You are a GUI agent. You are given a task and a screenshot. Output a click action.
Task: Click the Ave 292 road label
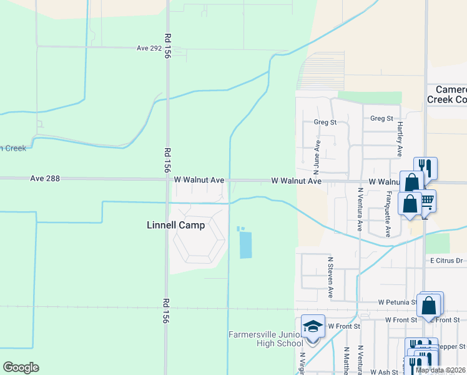point(150,47)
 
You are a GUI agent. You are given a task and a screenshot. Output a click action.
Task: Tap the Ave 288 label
point(45,179)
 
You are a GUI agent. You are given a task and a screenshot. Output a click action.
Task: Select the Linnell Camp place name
point(175,225)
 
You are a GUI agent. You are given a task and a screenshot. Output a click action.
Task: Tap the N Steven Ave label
point(330,277)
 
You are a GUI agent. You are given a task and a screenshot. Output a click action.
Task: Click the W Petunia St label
point(398,302)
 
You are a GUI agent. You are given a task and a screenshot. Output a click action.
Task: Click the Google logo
point(21,367)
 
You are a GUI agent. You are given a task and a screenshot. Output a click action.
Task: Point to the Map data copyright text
point(441,370)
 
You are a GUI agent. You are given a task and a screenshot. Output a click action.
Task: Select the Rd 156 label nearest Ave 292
point(167,46)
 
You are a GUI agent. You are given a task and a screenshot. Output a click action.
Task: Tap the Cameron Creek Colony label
point(447,94)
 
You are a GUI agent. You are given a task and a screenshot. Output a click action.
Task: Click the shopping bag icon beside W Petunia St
point(429,306)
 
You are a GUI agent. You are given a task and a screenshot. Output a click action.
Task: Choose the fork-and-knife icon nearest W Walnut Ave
point(425,167)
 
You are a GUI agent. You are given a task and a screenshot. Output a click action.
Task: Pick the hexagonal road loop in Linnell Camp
point(198,239)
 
